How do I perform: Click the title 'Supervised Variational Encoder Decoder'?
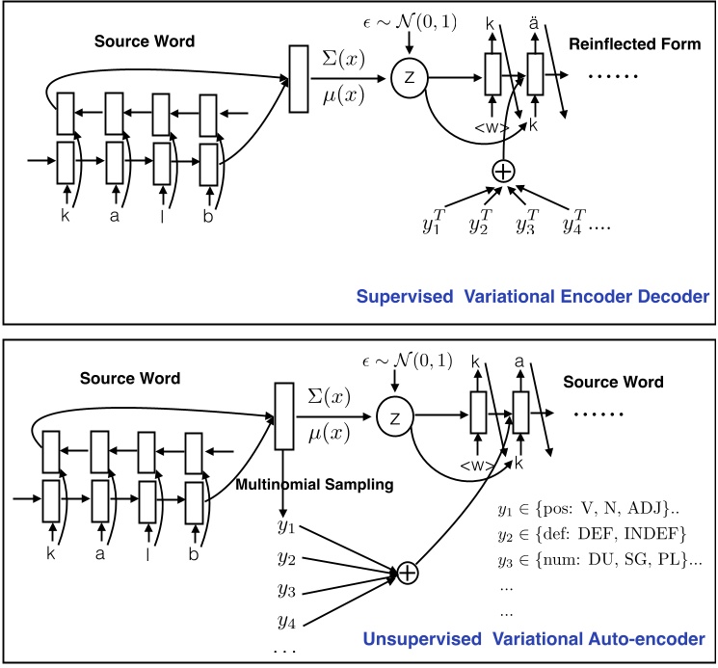tap(532, 297)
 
